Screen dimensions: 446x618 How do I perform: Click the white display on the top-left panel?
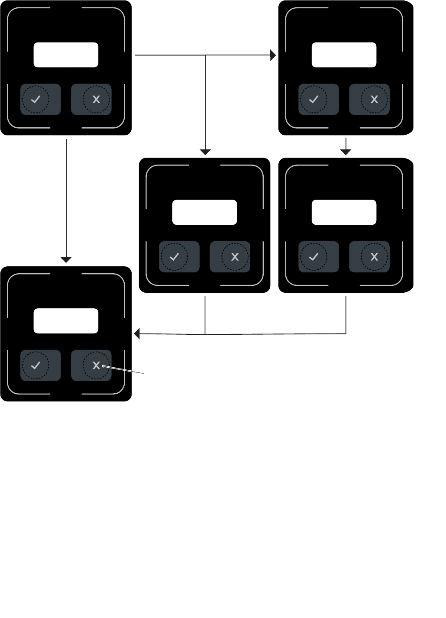[x=66, y=55]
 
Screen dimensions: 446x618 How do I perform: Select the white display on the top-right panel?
[x=344, y=55]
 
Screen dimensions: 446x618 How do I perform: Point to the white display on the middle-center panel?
[x=204, y=212]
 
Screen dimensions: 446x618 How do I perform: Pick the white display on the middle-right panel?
[x=344, y=212]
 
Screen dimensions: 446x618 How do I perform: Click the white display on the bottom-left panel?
[x=66, y=321]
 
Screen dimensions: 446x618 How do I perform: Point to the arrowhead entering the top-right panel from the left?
[x=273, y=55]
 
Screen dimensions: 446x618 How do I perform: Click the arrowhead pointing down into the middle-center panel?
[x=205, y=152]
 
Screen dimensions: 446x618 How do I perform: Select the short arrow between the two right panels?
[x=346, y=147]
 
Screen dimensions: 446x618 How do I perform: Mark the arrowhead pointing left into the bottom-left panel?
[x=137, y=334]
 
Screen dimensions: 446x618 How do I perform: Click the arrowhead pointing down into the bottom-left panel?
[x=66, y=260]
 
